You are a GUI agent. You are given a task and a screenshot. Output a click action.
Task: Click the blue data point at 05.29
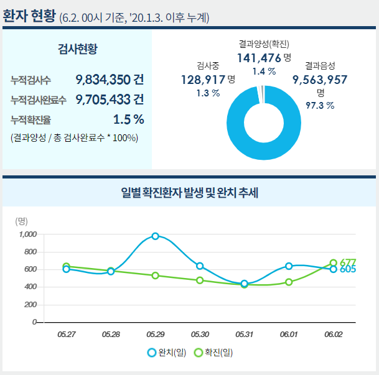pyautogui.click(x=155, y=236)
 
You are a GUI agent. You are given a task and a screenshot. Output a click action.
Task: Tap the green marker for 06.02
pyautogui.click(x=334, y=263)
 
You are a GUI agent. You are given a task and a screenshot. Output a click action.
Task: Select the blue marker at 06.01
pyautogui.click(x=289, y=266)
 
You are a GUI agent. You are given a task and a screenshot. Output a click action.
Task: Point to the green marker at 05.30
pyautogui.click(x=200, y=280)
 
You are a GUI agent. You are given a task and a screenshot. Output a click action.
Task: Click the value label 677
pyautogui.click(x=348, y=262)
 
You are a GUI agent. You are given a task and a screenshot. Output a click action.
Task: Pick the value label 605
pyautogui.click(x=348, y=270)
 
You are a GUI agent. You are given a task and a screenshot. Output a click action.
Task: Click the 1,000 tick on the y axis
pyautogui.click(x=28, y=234)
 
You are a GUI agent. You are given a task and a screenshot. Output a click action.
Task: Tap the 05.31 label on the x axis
pyautogui.click(x=244, y=335)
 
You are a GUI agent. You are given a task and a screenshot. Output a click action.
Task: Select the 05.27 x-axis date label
pyautogui.click(x=66, y=335)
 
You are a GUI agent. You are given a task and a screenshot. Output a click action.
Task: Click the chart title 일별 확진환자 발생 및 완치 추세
pyautogui.click(x=190, y=193)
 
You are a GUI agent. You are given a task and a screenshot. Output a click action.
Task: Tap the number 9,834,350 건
pyautogui.click(x=110, y=80)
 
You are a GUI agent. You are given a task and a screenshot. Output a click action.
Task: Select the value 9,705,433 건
pyautogui.click(x=110, y=100)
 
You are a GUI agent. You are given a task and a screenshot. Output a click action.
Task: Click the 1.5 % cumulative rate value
pyautogui.click(x=129, y=119)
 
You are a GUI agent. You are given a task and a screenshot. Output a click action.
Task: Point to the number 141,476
pyautogui.click(x=259, y=58)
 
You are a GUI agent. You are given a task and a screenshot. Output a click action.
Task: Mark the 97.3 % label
pyautogui.click(x=321, y=106)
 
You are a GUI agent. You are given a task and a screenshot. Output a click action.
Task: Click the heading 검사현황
pyautogui.click(x=77, y=49)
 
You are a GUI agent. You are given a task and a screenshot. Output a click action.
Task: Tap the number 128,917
pyautogui.click(x=203, y=80)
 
